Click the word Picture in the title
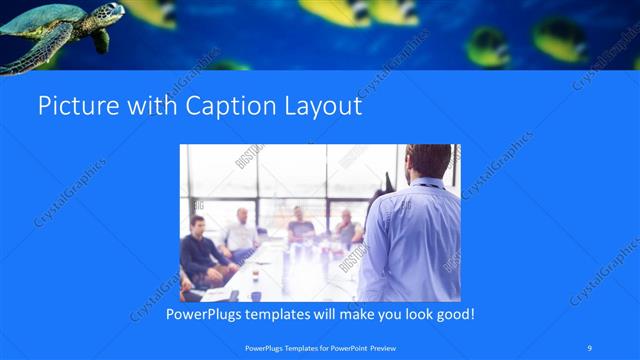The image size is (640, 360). pyautogui.click(x=72, y=106)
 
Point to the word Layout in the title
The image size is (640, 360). pyautogui.click(x=321, y=106)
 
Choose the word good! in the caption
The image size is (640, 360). pyautogui.click(x=453, y=314)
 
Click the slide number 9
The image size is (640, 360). pyautogui.click(x=590, y=347)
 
